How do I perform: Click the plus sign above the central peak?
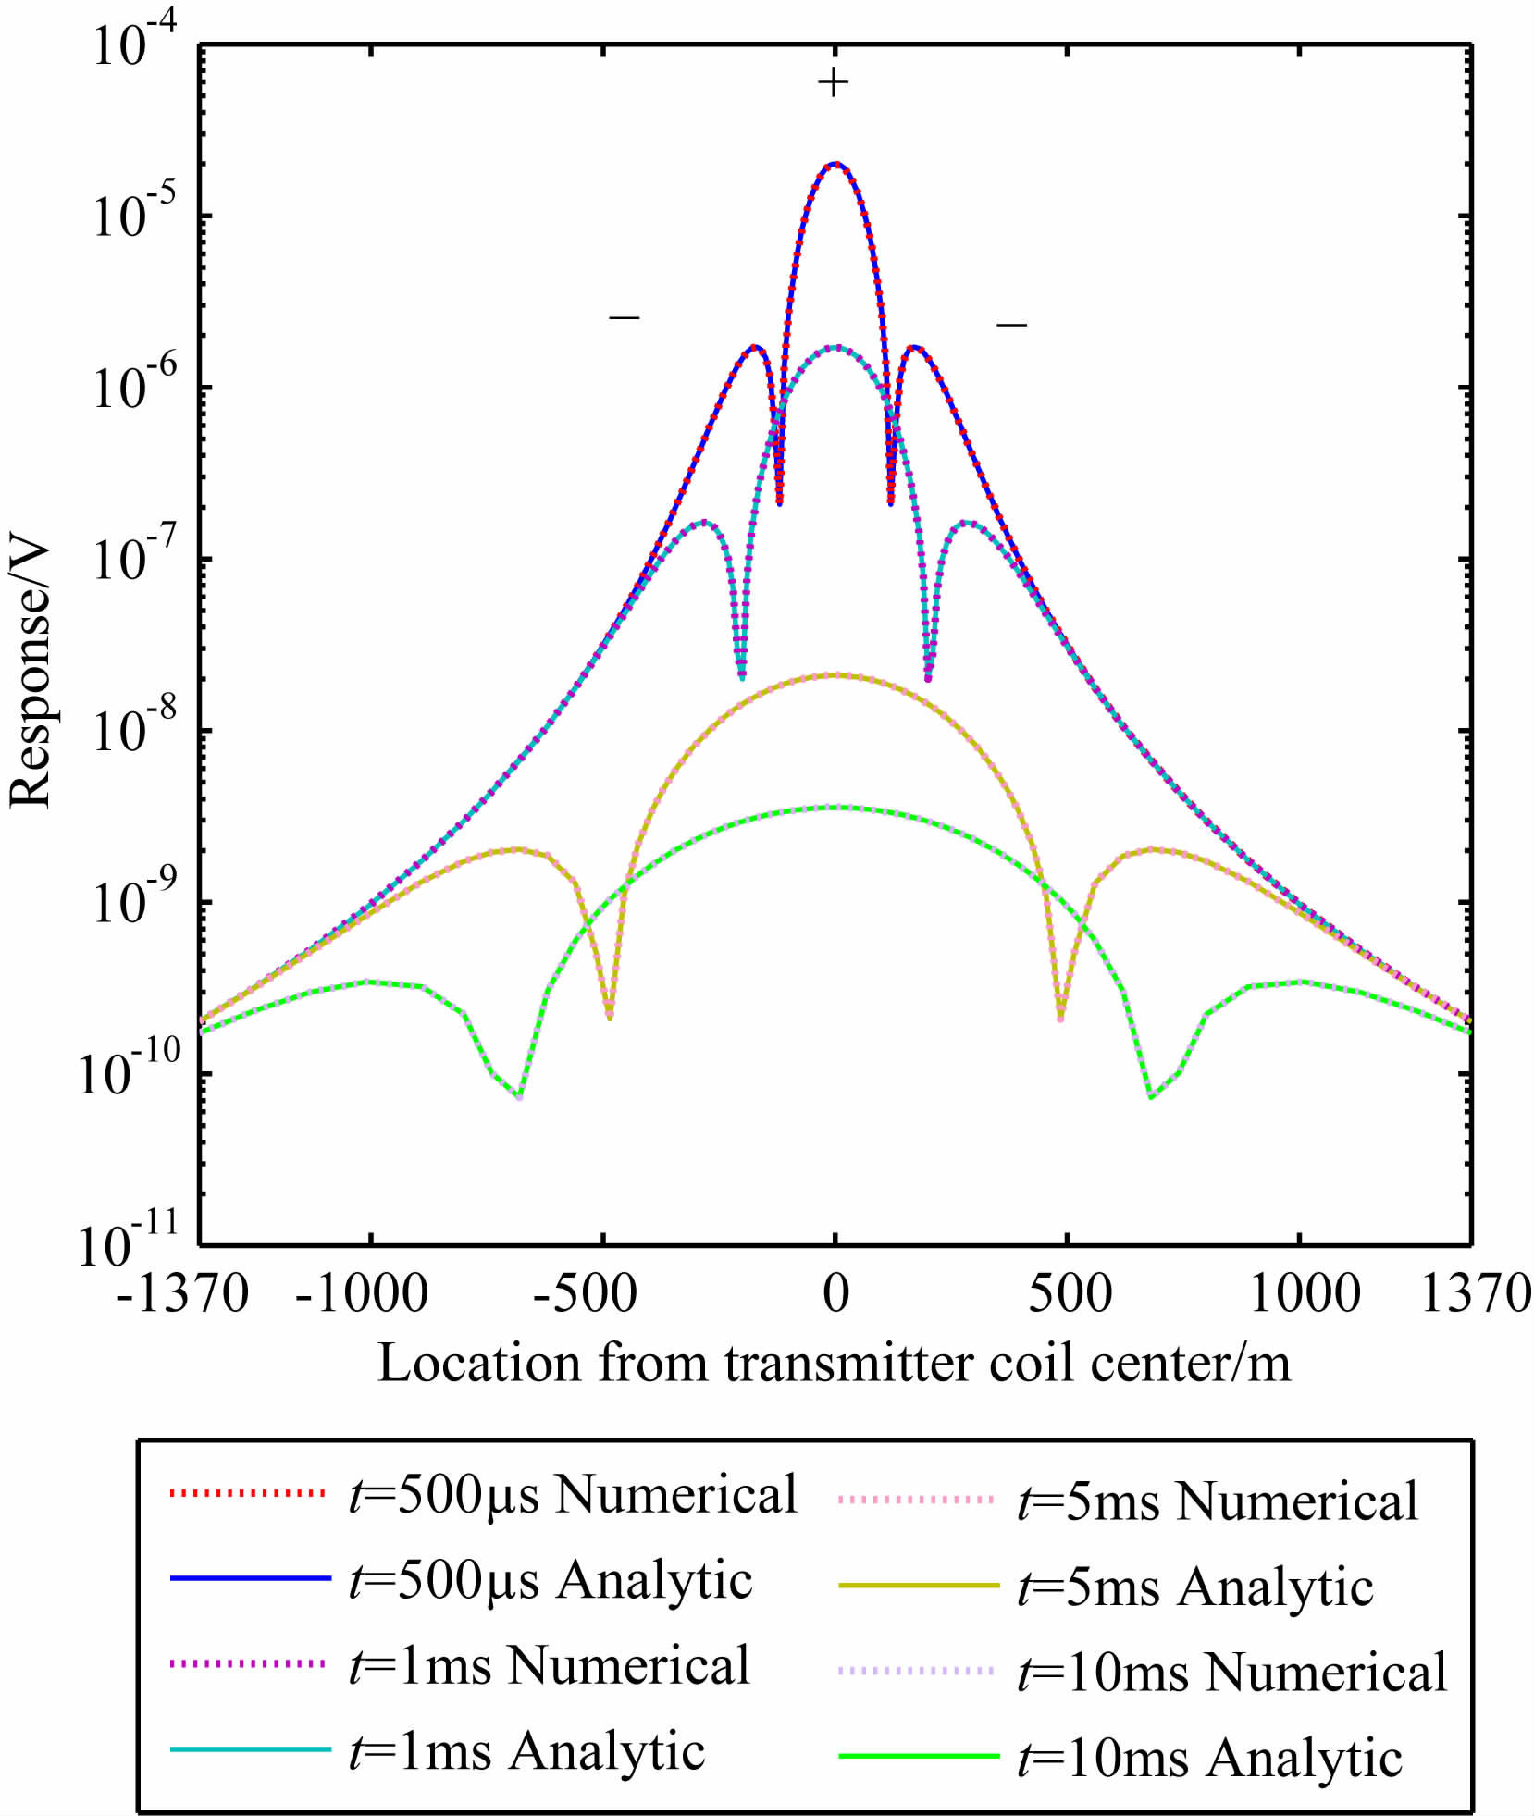click(834, 83)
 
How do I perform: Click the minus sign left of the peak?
click(625, 318)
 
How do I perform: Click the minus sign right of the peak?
click(1011, 325)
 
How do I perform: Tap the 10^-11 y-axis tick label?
click(129, 1243)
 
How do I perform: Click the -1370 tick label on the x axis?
click(182, 1293)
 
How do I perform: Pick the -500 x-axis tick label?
click(585, 1293)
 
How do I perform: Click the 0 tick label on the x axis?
click(835, 1293)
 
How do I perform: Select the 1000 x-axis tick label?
click(1305, 1293)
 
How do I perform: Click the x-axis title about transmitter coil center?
click(834, 1363)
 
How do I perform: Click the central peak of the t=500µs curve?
click(835, 164)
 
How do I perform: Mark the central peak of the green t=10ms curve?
click(835, 808)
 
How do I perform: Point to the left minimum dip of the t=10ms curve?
click(520, 1097)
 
